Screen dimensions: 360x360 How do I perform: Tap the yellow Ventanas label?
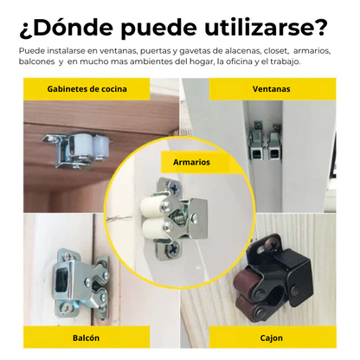pos(270,89)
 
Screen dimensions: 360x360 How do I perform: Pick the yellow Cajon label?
pos(270,340)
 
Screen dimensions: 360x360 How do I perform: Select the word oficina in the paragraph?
pos(246,62)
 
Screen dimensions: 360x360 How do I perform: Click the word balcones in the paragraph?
pos(36,62)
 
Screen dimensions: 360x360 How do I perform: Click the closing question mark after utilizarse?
pos(321,27)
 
